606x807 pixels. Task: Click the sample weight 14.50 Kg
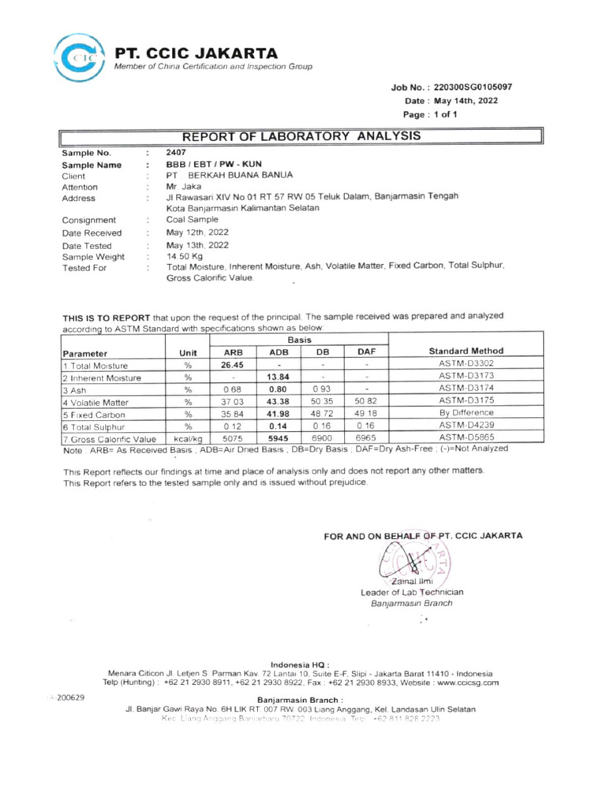[184, 257]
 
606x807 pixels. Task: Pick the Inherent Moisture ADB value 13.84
[279, 377]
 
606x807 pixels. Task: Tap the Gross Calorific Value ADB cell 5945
[279, 437]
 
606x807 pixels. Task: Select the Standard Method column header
[459, 351]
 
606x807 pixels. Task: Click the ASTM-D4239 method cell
[459, 426]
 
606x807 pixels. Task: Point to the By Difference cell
[459, 413]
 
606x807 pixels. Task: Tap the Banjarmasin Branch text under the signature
[412, 604]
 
